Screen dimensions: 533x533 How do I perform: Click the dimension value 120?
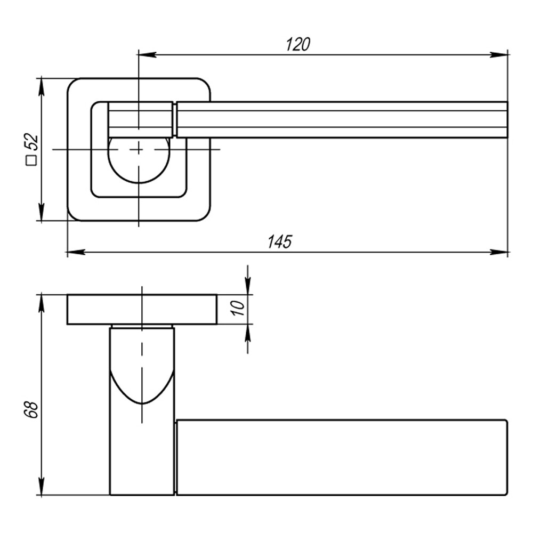297,44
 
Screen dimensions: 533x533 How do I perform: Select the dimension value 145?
280,241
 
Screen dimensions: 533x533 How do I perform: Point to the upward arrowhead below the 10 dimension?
247,332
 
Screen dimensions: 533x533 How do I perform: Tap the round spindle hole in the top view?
139,160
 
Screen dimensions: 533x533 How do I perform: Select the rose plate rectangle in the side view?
142,309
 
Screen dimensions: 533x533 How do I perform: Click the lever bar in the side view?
341,457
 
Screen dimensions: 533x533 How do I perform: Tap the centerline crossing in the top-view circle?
139,150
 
